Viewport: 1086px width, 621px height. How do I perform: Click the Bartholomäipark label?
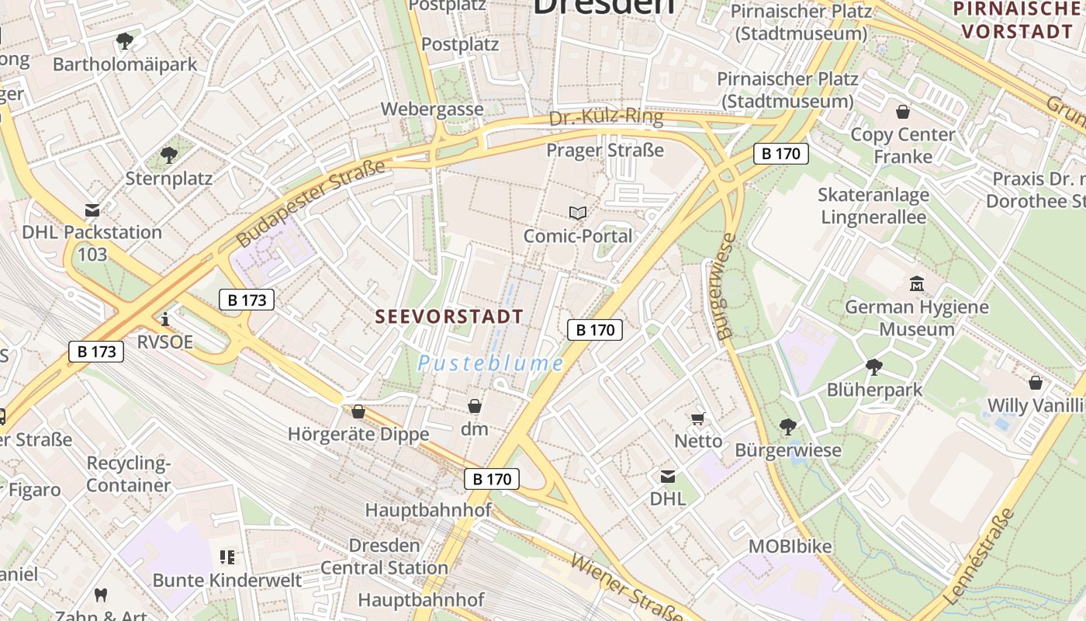click(125, 64)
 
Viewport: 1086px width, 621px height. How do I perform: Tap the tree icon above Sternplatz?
click(168, 155)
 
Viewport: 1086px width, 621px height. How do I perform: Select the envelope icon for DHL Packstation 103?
click(92, 210)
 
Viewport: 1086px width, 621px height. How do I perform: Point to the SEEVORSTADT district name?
click(449, 317)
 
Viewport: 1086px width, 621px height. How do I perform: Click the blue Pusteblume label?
click(490, 363)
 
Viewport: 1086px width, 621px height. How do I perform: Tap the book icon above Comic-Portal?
click(577, 213)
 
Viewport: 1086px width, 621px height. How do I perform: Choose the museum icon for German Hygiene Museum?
click(917, 284)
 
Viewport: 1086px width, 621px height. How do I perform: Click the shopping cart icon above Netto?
click(697, 419)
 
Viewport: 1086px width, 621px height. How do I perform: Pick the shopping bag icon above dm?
click(474, 406)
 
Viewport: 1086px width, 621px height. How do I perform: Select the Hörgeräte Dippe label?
click(358, 434)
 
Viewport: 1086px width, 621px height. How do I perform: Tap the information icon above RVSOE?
click(164, 319)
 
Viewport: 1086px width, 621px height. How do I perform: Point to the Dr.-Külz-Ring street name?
click(606, 118)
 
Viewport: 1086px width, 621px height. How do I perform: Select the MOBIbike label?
click(790, 546)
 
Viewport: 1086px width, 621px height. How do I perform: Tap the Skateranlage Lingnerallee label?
click(873, 206)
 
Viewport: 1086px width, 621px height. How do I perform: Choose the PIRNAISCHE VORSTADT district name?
click(1018, 21)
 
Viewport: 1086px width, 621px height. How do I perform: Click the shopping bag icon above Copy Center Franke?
click(902, 112)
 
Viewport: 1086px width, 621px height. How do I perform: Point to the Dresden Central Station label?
click(385, 557)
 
